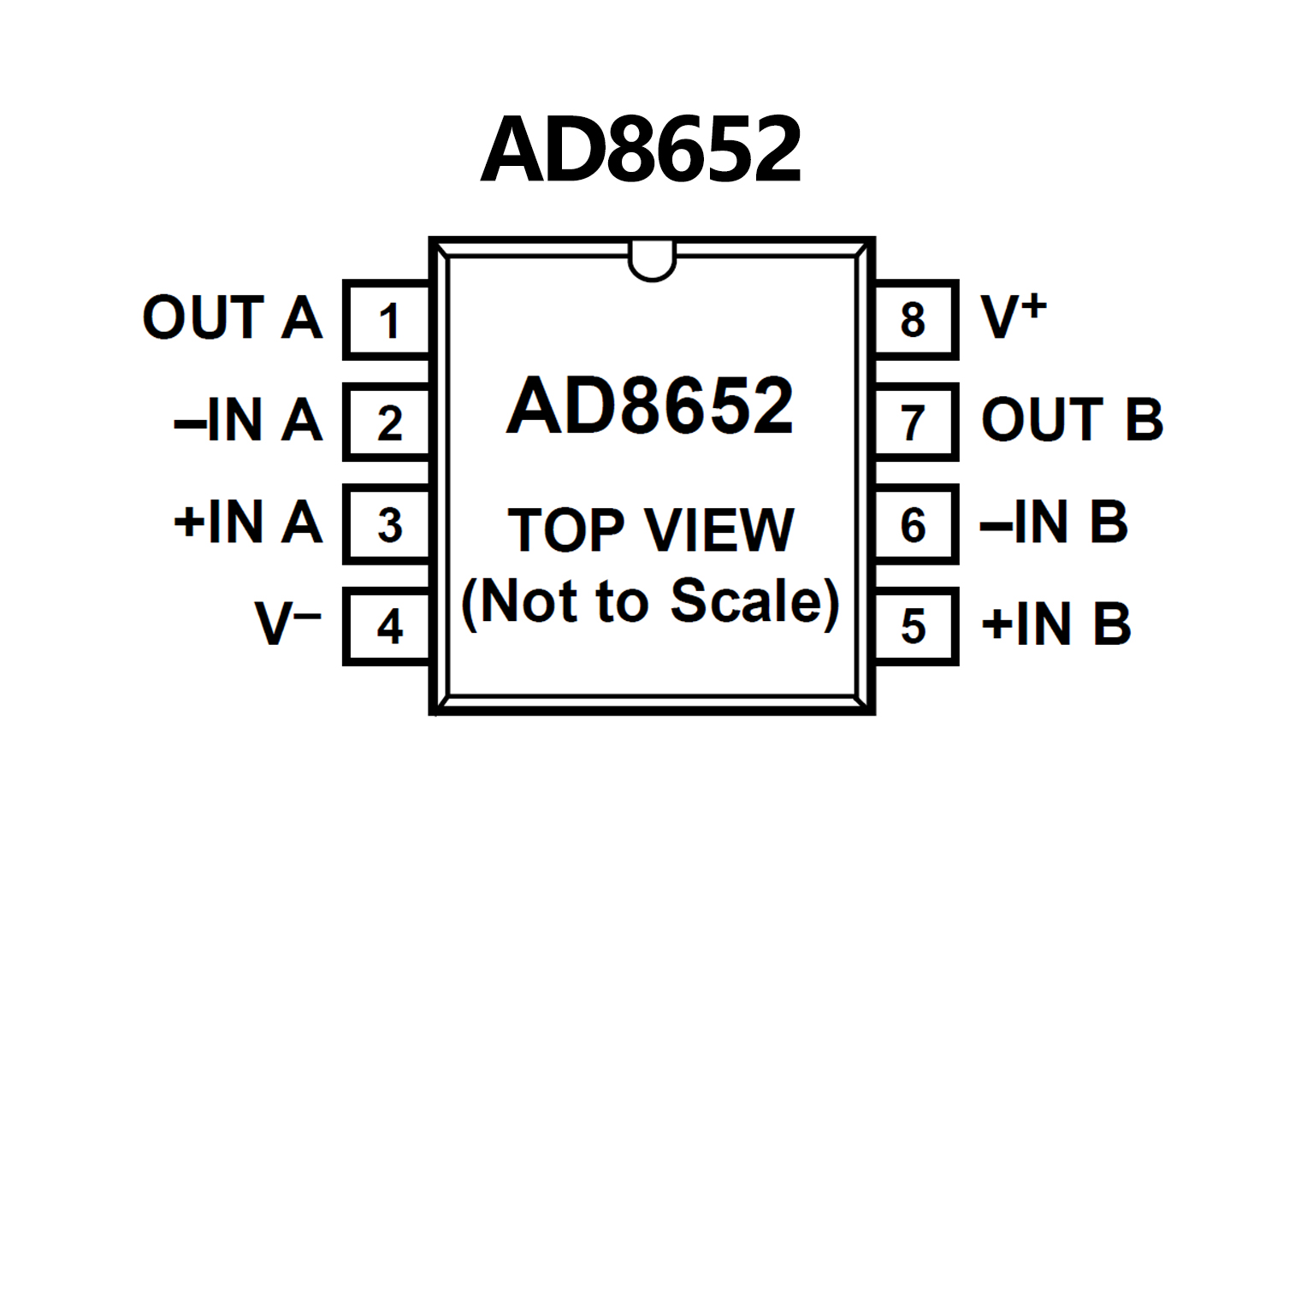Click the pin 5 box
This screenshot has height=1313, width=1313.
coord(914,626)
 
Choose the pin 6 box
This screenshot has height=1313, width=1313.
coord(914,524)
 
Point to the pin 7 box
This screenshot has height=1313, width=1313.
coord(914,423)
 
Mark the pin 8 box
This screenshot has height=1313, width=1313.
coord(914,320)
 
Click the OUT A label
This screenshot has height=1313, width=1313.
coord(232,317)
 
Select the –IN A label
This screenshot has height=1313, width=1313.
coord(248,420)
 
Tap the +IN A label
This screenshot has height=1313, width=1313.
coord(248,522)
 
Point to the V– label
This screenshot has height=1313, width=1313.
coord(287,624)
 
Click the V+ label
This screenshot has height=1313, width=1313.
coord(1014,316)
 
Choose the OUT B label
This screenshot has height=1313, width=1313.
coord(1072,419)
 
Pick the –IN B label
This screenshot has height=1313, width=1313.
coord(1054,522)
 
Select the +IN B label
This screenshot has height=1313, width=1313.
coord(1056,624)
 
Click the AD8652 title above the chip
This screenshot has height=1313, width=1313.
coord(642,150)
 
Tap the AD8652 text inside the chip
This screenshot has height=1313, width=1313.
coord(650,405)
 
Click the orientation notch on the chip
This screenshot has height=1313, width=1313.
coord(652,261)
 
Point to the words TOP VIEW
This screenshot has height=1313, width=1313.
coord(651,529)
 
